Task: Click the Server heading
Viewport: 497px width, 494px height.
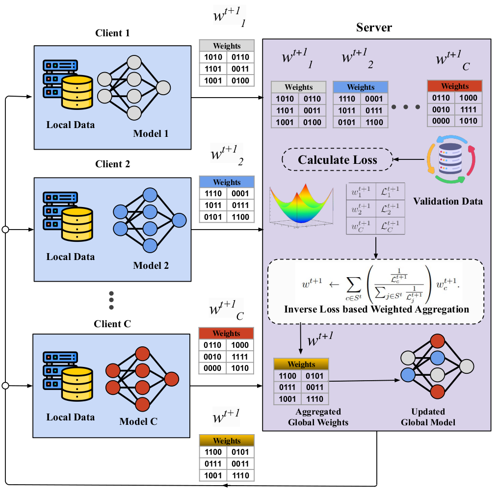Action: pos(374,27)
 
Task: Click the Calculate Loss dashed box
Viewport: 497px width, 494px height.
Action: pos(338,160)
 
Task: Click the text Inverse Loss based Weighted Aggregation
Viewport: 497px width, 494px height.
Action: pos(376,310)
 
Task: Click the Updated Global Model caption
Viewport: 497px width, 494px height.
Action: pos(428,417)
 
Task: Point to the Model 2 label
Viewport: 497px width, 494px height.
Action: pos(151,266)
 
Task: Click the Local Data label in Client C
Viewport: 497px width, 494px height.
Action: pos(70,417)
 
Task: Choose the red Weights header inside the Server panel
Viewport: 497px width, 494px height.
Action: pos(455,86)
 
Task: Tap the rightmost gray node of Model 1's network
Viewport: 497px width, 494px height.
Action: pos(163,88)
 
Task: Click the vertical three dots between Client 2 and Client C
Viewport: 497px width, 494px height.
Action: pos(111,300)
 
